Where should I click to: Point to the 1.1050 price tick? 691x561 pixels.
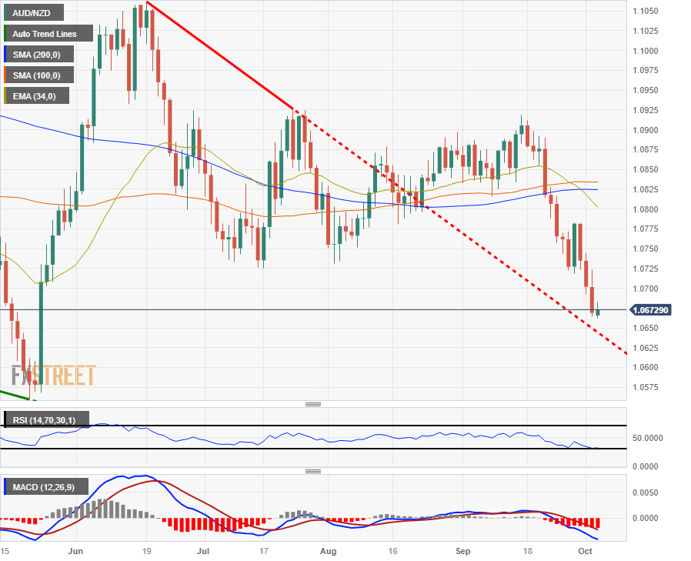[644, 11]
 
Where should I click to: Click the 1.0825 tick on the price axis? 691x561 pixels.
[644, 189]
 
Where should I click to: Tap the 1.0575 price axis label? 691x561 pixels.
[644, 387]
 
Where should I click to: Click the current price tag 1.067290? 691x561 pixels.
[650, 310]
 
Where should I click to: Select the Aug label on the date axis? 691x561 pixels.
[329, 552]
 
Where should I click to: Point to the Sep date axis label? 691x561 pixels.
[462, 552]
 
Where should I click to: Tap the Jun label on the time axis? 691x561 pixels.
[75, 552]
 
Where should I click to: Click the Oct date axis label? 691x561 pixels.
[586, 552]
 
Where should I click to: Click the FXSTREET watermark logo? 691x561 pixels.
[53, 376]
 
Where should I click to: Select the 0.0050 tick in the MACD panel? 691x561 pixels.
[647, 492]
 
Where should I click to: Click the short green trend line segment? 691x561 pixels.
[15, 395]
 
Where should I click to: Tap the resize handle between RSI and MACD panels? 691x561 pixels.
[313, 471]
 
